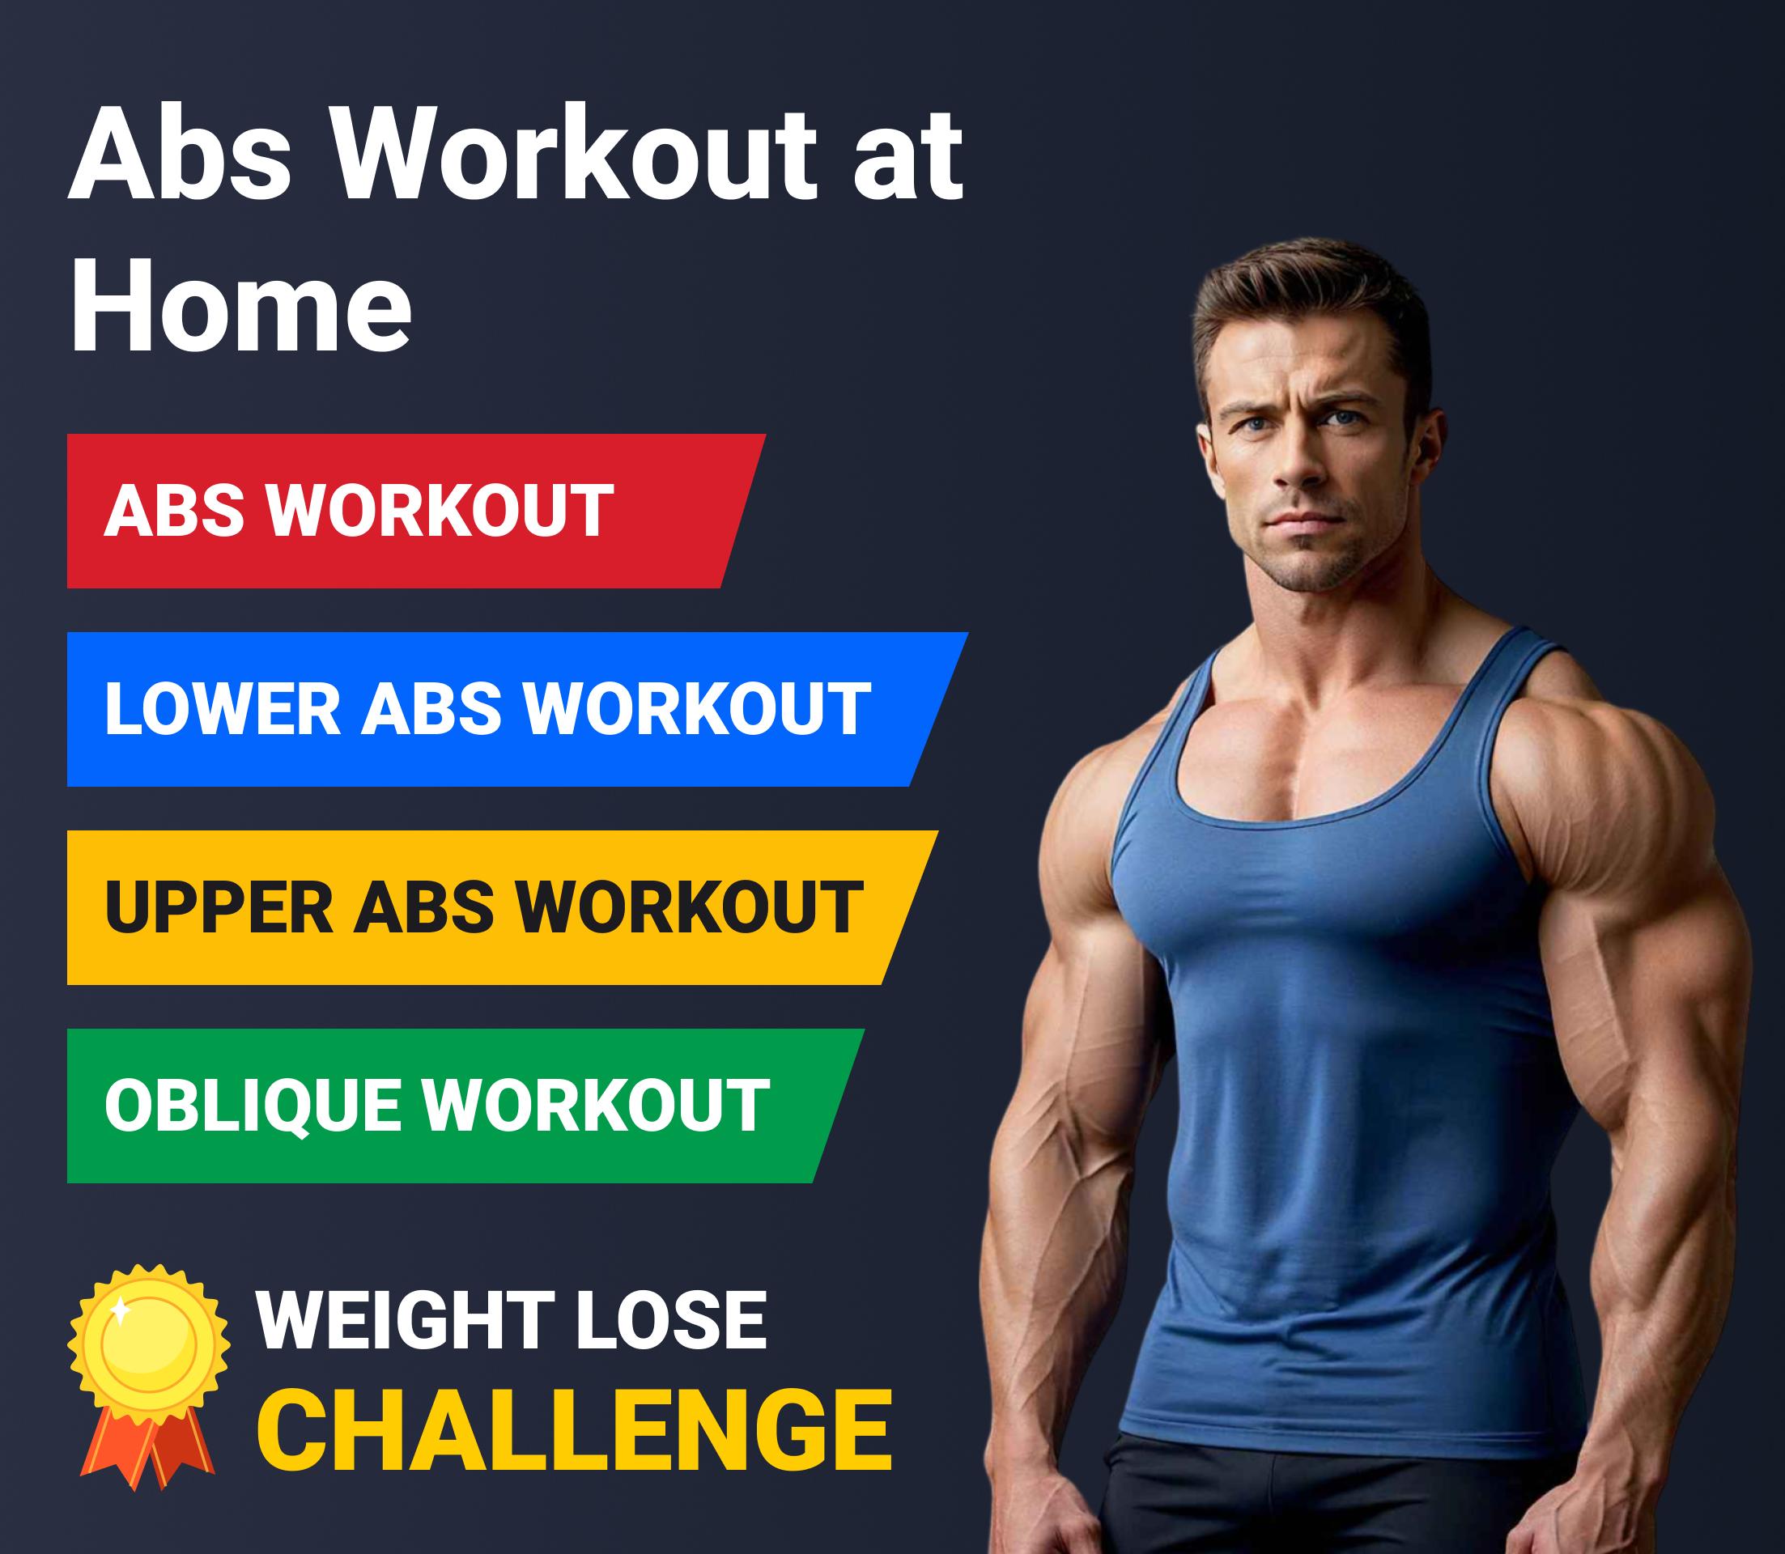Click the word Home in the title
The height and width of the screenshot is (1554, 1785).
(240, 305)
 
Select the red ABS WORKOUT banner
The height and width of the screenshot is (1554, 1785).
(415, 511)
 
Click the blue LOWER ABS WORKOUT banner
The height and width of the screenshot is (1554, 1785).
(517, 709)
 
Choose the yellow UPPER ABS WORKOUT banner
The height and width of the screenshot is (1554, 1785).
(502, 907)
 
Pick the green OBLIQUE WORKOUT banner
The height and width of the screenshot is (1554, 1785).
(465, 1106)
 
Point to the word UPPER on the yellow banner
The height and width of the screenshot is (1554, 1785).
(219, 907)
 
